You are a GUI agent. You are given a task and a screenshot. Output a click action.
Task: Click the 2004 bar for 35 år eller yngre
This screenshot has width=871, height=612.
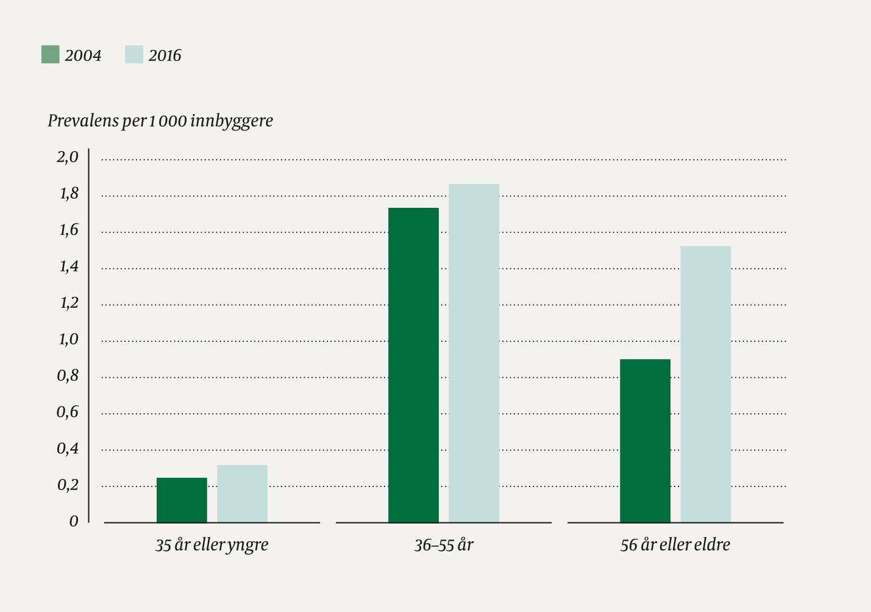(182, 500)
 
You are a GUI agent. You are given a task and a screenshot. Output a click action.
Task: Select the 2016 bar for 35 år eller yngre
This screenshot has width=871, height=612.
(242, 494)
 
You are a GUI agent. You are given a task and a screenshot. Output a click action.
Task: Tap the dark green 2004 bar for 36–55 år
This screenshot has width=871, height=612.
(413, 365)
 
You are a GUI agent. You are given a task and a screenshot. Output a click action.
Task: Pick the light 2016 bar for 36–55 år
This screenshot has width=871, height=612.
(474, 354)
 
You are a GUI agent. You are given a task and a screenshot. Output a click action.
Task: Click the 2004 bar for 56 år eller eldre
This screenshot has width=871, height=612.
(645, 441)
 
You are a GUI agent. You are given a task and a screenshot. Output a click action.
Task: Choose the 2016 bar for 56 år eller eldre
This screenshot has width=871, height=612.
(705, 384)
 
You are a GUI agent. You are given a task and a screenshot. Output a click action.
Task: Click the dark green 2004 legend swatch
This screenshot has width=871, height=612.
(50, 55)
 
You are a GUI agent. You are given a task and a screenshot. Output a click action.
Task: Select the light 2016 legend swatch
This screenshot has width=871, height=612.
(133, 55)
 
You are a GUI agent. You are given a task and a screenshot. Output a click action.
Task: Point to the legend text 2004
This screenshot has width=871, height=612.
(83, 55)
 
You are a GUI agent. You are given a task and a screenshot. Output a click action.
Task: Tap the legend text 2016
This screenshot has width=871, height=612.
(165, 55)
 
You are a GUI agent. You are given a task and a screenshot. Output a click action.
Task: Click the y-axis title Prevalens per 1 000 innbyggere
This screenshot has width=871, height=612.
(160, 121)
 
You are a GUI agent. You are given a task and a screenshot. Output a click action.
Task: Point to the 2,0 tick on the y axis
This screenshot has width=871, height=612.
(68, 157)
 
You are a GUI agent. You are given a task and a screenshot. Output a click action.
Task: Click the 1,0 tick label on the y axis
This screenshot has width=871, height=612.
(68, 340)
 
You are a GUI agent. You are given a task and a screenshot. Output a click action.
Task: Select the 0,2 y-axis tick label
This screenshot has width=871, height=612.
(68, 485)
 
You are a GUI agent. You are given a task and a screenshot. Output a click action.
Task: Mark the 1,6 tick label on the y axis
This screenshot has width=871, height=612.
(68, 230)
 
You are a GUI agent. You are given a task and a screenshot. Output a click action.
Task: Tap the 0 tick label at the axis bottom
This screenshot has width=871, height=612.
(74, 522)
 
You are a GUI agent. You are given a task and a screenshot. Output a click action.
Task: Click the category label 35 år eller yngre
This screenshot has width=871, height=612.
(212, 545)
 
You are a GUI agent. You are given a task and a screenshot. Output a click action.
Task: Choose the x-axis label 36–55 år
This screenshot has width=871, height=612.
(443, 545)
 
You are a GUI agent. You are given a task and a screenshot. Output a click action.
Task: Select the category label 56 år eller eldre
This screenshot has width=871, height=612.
(675, 545)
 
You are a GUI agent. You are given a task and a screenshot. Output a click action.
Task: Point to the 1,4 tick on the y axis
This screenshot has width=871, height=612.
(68, 266)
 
